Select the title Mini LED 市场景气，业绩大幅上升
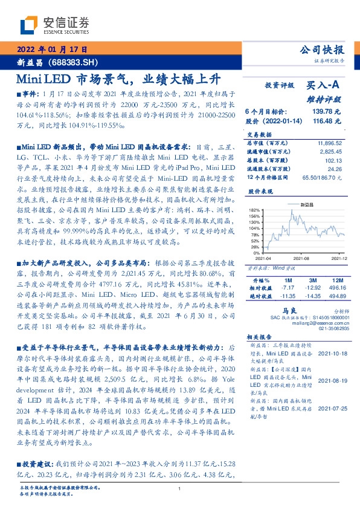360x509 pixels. point(122,79)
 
